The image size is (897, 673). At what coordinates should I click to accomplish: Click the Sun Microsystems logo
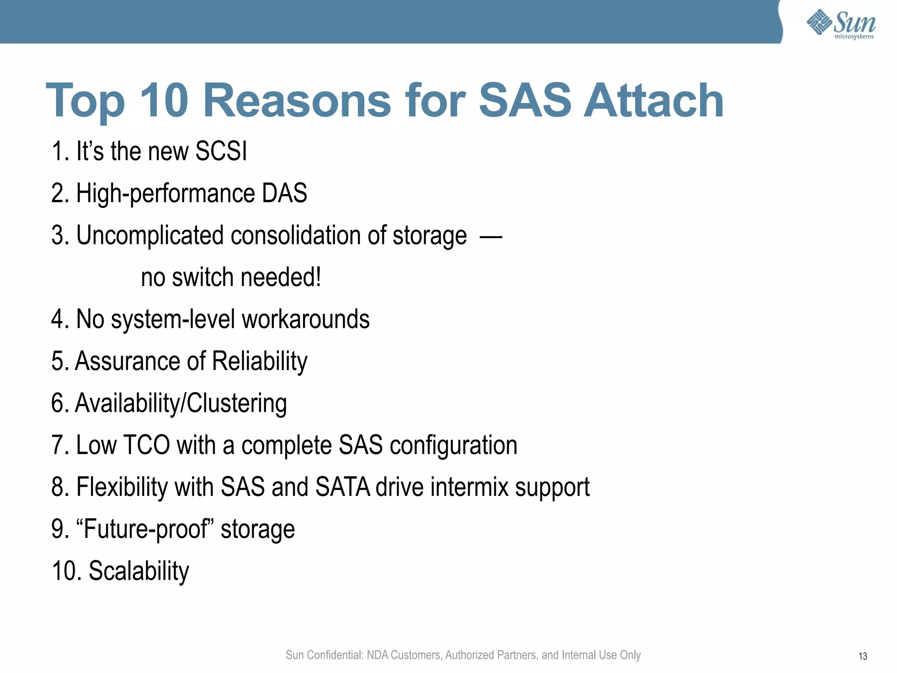click(841, 24)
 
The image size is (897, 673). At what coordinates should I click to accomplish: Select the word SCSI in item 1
click(221, 151)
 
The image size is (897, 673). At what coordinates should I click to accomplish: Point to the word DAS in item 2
click(284, 193)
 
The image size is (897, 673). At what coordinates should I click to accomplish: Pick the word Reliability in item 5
click(260, 361)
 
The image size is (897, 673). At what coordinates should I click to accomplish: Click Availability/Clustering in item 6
click(181, 403)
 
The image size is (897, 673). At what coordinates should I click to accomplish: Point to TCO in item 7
click(146, 445)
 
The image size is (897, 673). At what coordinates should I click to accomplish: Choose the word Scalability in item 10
click(139, 571)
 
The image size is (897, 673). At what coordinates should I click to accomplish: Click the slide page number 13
click(862, 656)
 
